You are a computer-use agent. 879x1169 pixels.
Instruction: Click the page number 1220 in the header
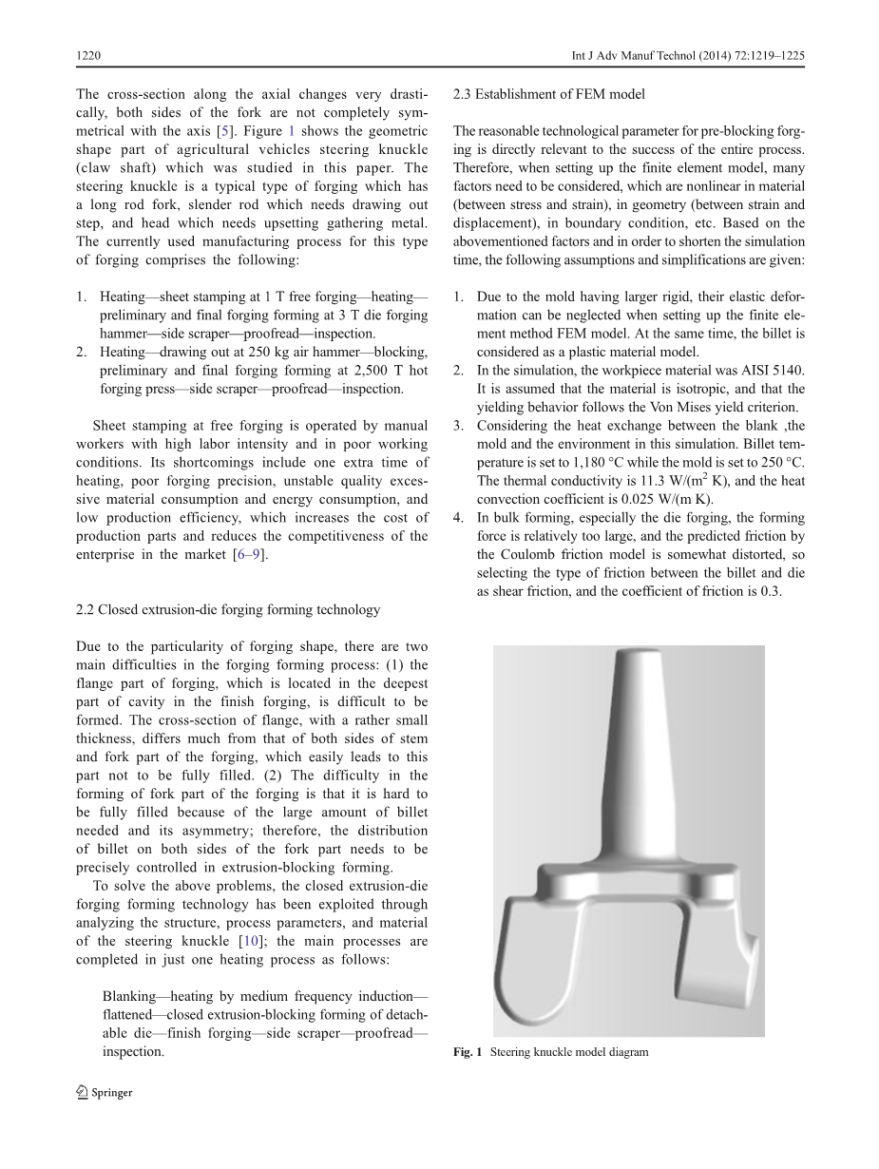(88, 56)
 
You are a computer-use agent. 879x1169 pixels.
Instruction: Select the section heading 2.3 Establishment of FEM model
(549, 94)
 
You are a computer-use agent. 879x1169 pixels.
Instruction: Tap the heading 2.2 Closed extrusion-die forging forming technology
(228, 609)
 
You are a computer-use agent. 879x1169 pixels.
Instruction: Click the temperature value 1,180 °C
(586, 463)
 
